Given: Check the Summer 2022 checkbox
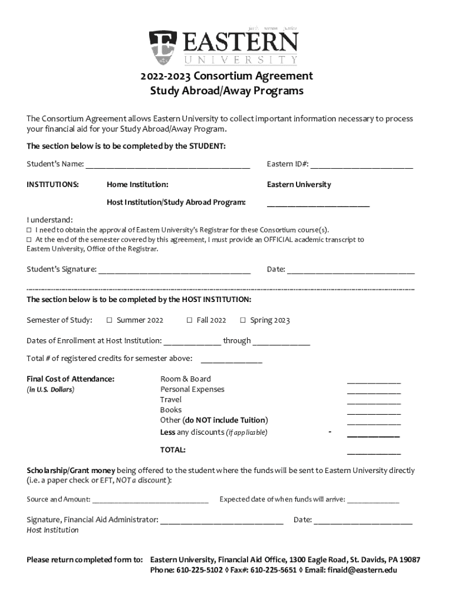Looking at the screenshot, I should (x=109, y=320).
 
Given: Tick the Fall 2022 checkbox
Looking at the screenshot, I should (x=189, y=320).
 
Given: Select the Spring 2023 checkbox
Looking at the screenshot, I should (x=242, y=320).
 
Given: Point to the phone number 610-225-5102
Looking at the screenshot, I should (x=199, y=570).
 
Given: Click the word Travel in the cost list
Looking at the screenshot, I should (x=171, y=399).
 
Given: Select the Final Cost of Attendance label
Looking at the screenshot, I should (x=71, y=379).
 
